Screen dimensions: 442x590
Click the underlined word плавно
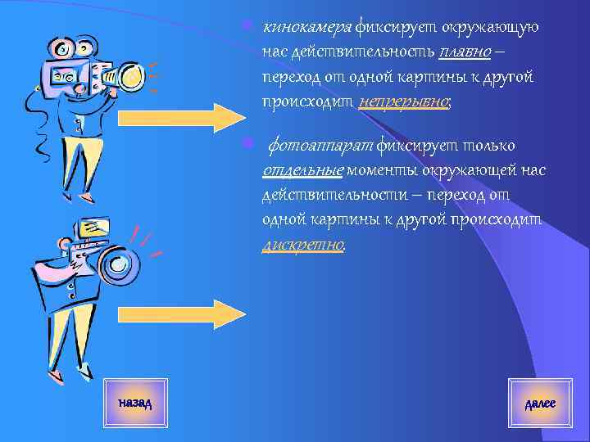(465, 52)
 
